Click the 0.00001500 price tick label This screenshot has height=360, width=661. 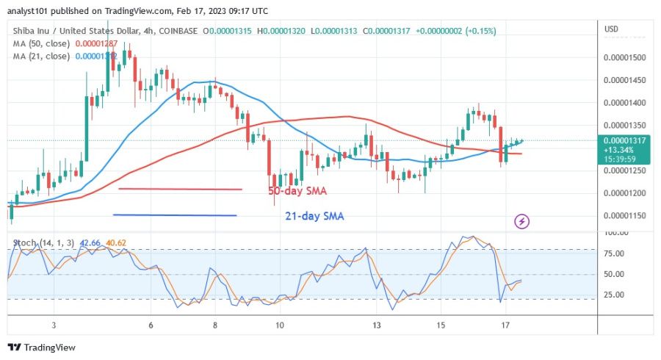(624, 57)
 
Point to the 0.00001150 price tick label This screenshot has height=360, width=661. (624, 215)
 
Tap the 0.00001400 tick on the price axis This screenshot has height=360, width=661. (624, 102)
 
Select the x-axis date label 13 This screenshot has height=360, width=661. (376, 325)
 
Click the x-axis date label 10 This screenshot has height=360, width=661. (279, 325)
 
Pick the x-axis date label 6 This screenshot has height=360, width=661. (151, 325)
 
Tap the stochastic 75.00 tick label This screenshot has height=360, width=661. (615, 253)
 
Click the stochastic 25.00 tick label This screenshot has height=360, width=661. (615, 295)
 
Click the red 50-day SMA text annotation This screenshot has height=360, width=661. (297, 191)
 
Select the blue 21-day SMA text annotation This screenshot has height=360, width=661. (314, 217)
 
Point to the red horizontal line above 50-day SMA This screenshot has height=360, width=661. (180, 189)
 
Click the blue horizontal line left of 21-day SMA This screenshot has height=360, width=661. (175, 215)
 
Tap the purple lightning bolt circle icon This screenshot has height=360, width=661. (521, 220)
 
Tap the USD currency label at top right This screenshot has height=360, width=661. (611, 29)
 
